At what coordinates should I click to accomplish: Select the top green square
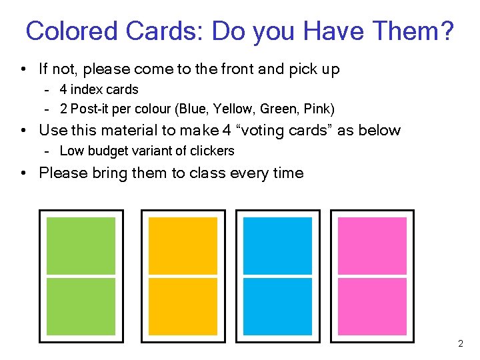click(81, 245)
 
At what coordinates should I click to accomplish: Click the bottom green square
click(81, 306)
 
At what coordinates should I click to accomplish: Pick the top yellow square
click(182, 245)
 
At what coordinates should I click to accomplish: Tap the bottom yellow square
click(182, 306)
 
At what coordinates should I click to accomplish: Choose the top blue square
click(277, 245)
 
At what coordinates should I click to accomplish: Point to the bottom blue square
click(277, 306)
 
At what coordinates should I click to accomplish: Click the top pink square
click(372, 245)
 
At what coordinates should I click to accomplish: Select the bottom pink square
click(372, 306)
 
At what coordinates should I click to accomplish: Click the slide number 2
click(460, 344)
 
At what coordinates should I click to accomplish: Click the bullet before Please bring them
click(23, 173)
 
